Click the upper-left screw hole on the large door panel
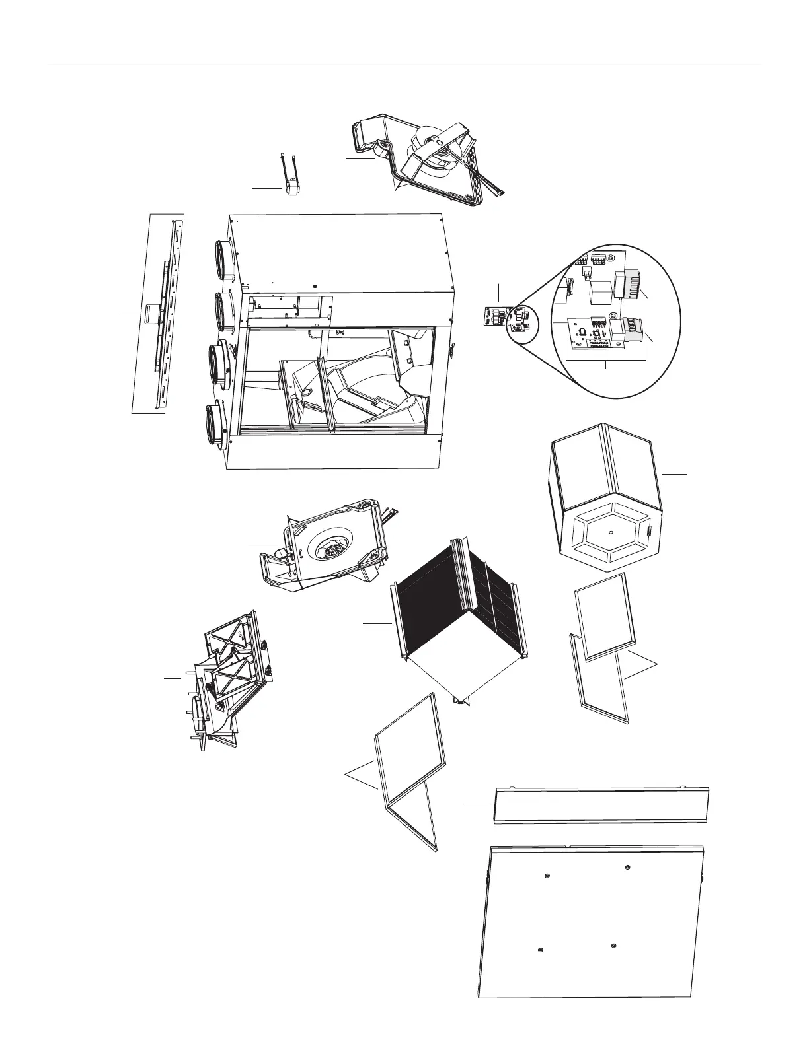547,876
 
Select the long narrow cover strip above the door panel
601,804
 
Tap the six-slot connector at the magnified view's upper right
630,284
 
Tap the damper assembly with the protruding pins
225,680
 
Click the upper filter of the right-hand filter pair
604,615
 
